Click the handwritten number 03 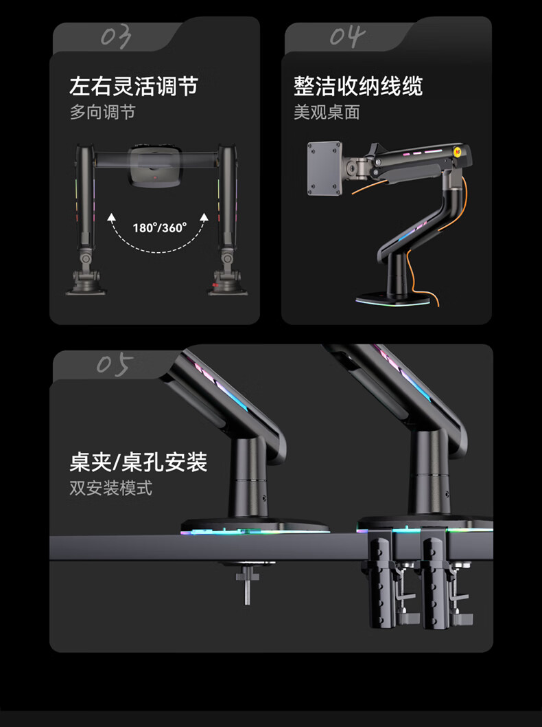[x=116, y=37]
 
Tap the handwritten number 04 [x=347, y=36]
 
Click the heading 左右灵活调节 [x=134, y=87]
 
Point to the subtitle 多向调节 [x=102, y=112]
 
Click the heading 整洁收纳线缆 [x=357, y=87]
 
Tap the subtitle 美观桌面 [x=327, y=112]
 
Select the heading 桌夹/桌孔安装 [x=139, y=462]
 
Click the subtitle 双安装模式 [x=110, y=488]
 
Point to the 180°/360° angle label [x=160, y=227]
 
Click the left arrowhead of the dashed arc [x=111, y=217]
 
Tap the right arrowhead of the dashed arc [x=204, y=217]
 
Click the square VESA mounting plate [x=325, y=168]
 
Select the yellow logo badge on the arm [x=458, y=151]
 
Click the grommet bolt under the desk [x=247, y=582]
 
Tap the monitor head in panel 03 [x=155, y=167]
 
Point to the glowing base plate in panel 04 [x=392, y=299]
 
